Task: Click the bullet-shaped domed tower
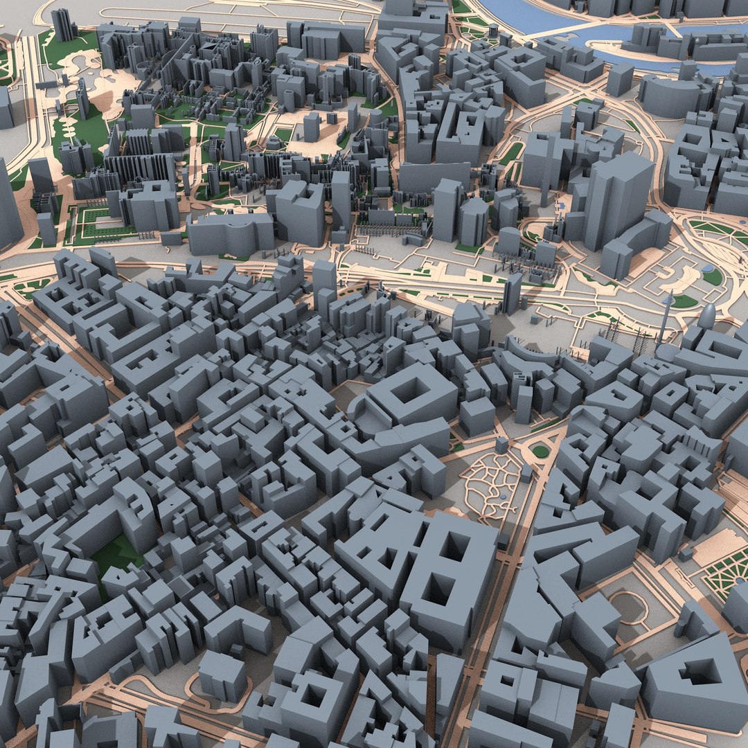click(707, 318)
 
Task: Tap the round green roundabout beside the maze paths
click(540, 451)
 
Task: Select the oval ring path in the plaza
click(627, 607)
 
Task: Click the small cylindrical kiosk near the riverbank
click(493, 31)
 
